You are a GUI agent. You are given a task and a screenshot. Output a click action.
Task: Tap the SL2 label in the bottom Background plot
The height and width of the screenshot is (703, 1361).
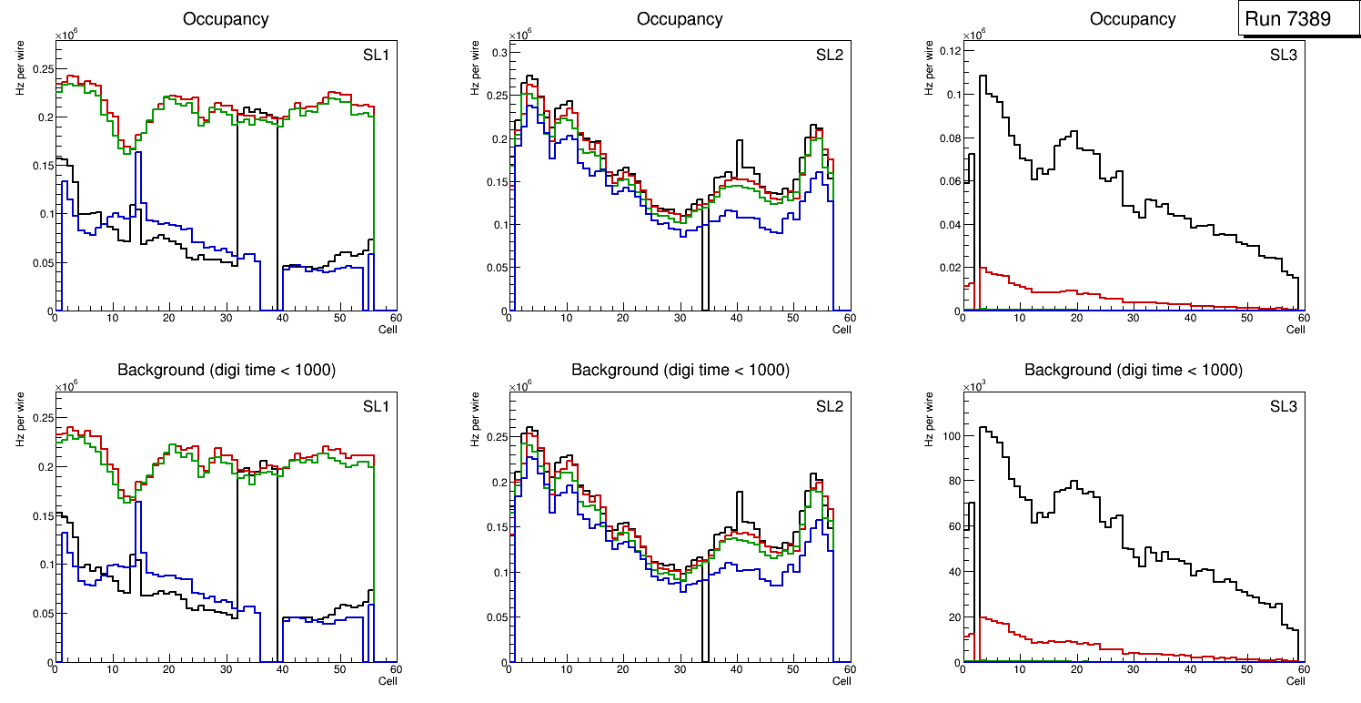829,406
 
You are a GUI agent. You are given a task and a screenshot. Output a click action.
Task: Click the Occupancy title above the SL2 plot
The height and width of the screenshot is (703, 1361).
680,18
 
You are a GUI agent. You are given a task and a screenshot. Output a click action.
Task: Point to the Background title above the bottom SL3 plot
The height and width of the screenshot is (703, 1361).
1133,370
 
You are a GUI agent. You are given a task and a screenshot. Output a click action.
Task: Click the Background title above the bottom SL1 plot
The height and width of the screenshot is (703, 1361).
226,370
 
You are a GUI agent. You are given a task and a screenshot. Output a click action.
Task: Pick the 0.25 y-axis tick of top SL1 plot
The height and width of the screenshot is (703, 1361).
40,69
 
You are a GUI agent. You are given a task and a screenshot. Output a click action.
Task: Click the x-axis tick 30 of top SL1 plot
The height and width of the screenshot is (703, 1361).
226,318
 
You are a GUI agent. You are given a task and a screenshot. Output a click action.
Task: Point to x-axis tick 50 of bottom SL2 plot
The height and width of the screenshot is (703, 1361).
792,669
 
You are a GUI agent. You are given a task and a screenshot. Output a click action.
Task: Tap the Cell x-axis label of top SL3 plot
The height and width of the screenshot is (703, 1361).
1295,329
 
